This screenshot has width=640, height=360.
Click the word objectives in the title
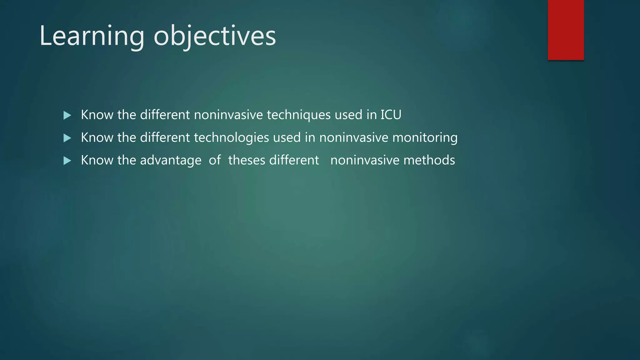tap(215, 36)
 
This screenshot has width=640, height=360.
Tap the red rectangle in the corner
tap(566, 30)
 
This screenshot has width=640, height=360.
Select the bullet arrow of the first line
tap(67, 115)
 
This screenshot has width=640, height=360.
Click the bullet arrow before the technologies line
tap(67, 138)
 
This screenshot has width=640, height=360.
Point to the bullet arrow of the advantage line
tap(67, 161)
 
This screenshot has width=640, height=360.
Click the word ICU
tap(391, 115)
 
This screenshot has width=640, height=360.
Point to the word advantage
tap(171, 160)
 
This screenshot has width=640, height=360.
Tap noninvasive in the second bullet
tap(353, 137)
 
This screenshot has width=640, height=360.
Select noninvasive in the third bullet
tap(365, 160)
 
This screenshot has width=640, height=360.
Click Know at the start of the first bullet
tap(97, 115)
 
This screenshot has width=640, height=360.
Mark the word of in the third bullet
tap(215, 160)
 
